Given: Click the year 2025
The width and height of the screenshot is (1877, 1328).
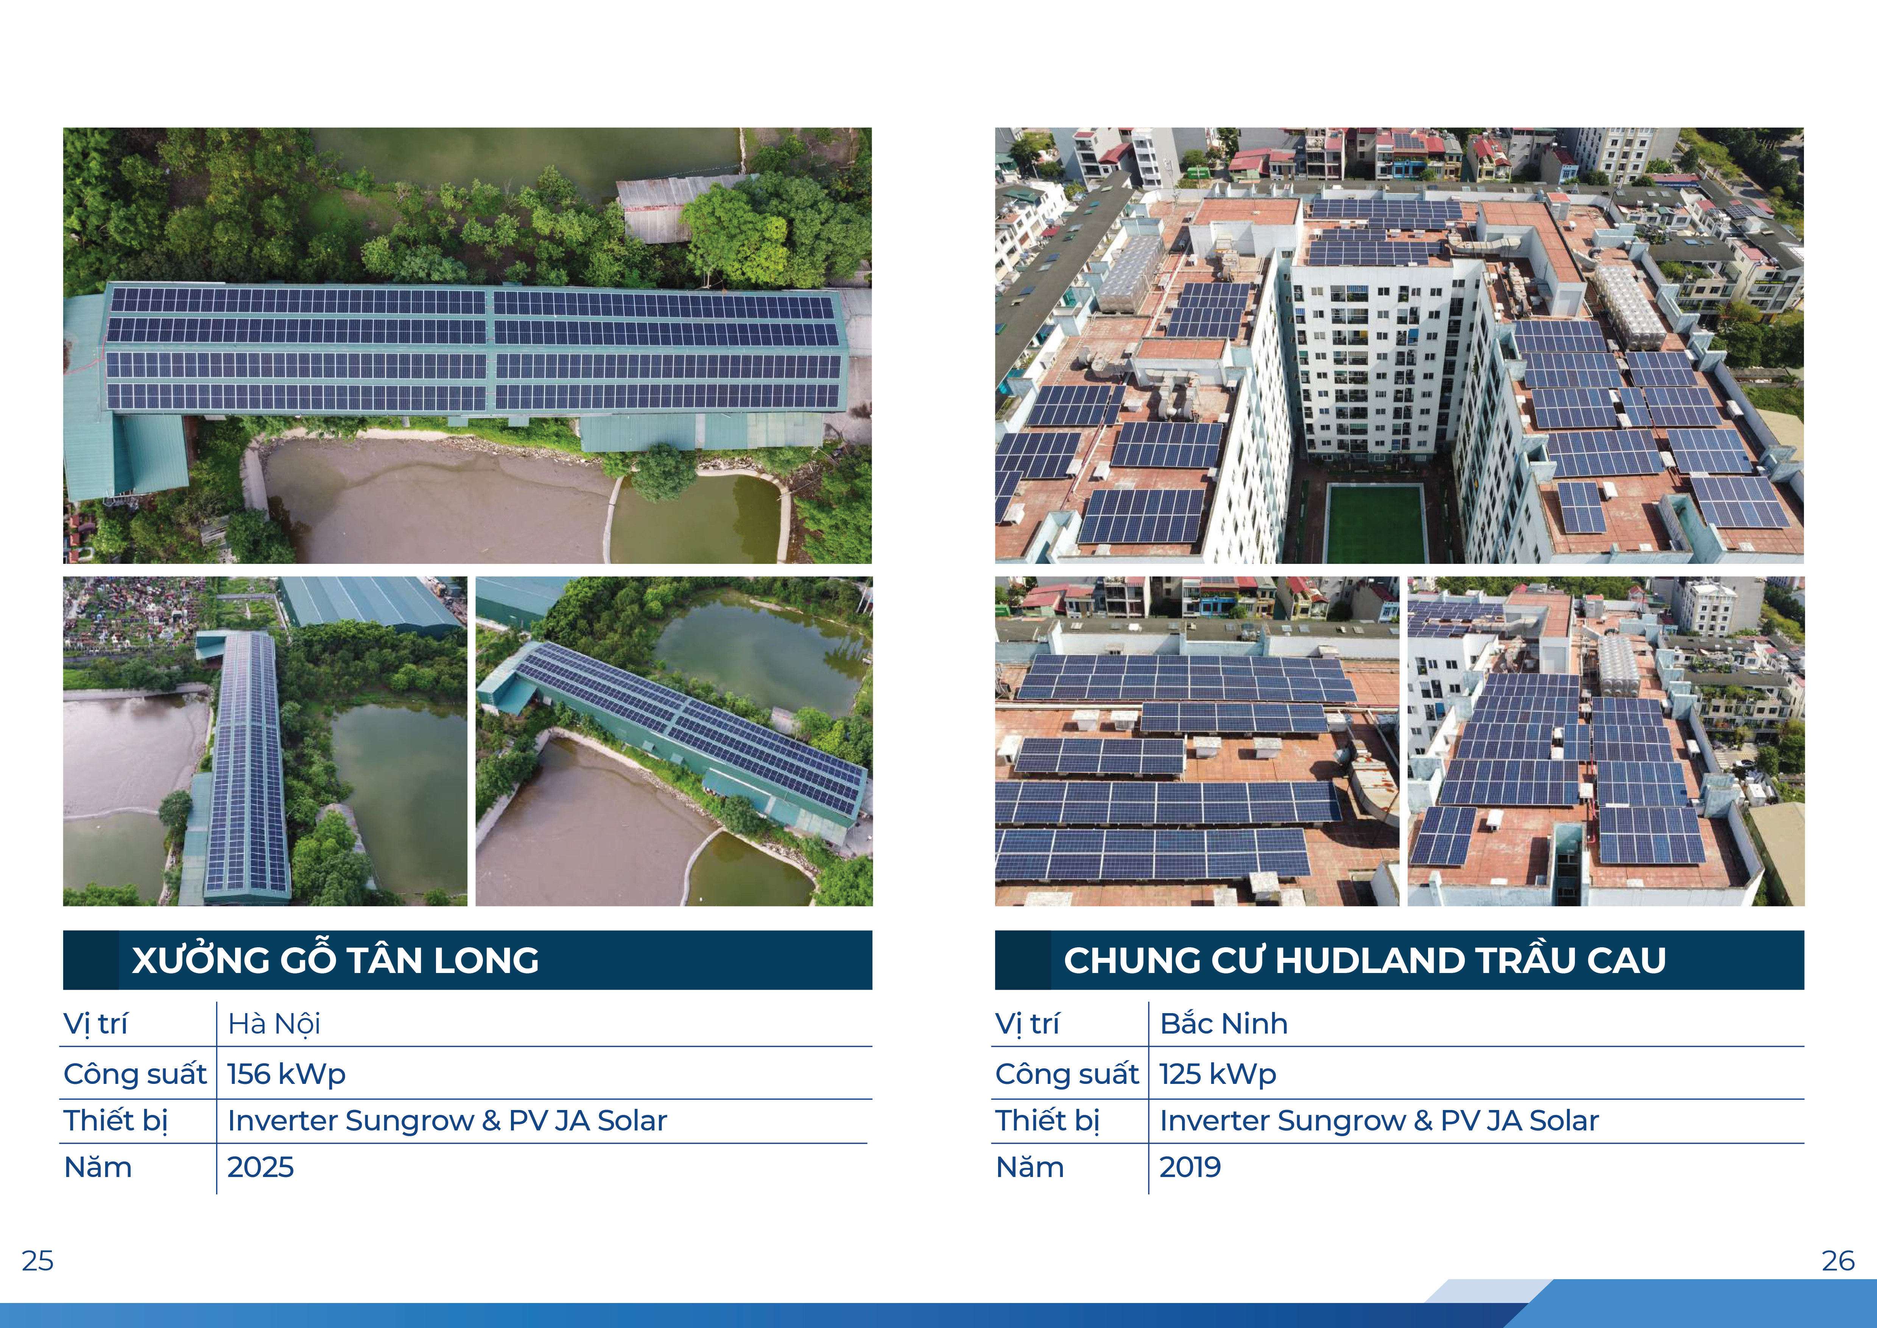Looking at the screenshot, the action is tap(260, 1167).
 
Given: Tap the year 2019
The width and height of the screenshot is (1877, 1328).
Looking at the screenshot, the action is tap(1190, 1167).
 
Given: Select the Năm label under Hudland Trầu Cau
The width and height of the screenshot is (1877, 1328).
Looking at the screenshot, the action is tap(1030, 1167).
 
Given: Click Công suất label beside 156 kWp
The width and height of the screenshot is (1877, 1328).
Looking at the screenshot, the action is tap(135, 1074).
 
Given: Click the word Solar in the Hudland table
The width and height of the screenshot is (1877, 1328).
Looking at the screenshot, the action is tap(1564, 1120).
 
